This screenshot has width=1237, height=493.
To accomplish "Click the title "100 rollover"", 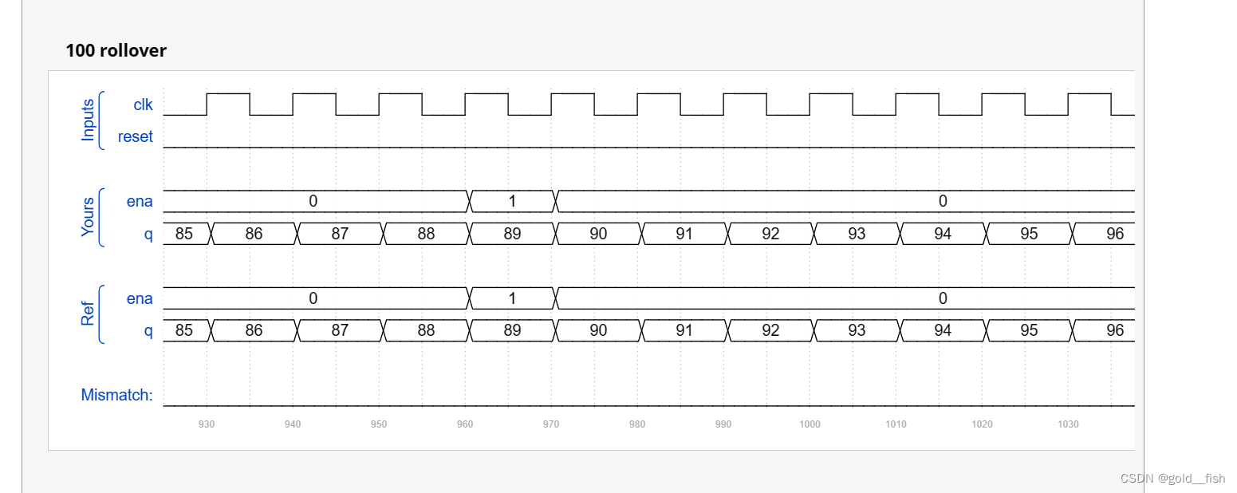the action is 116,50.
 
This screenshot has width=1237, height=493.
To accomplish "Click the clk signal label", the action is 143,105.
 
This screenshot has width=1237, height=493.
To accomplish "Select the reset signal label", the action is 135,136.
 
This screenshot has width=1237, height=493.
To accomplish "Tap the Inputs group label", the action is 88,120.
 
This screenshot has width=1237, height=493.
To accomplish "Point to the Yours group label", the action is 88,217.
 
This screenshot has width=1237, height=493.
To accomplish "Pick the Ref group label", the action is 88,314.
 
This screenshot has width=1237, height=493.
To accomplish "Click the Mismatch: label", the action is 116,395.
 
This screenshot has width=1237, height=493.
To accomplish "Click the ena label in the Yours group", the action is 140,201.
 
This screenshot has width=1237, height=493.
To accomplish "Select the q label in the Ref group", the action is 148,330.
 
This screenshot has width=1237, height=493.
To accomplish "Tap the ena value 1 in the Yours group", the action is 512,201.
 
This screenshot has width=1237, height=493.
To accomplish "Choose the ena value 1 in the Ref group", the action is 512,298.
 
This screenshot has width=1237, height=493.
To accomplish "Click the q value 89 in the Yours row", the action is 512,234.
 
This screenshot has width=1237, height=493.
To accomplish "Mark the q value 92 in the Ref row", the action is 770,330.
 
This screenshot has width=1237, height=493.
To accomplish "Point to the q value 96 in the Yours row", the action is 1115,234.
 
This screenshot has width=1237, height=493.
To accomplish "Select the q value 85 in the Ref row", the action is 184,330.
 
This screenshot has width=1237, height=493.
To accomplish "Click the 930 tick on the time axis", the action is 207,424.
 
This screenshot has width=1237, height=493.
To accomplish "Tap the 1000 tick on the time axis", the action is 810,424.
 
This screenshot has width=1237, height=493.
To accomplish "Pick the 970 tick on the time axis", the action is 551,424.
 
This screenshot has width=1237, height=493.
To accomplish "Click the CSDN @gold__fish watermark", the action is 1172,479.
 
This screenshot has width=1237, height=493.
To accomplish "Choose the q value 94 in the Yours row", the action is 943,234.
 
